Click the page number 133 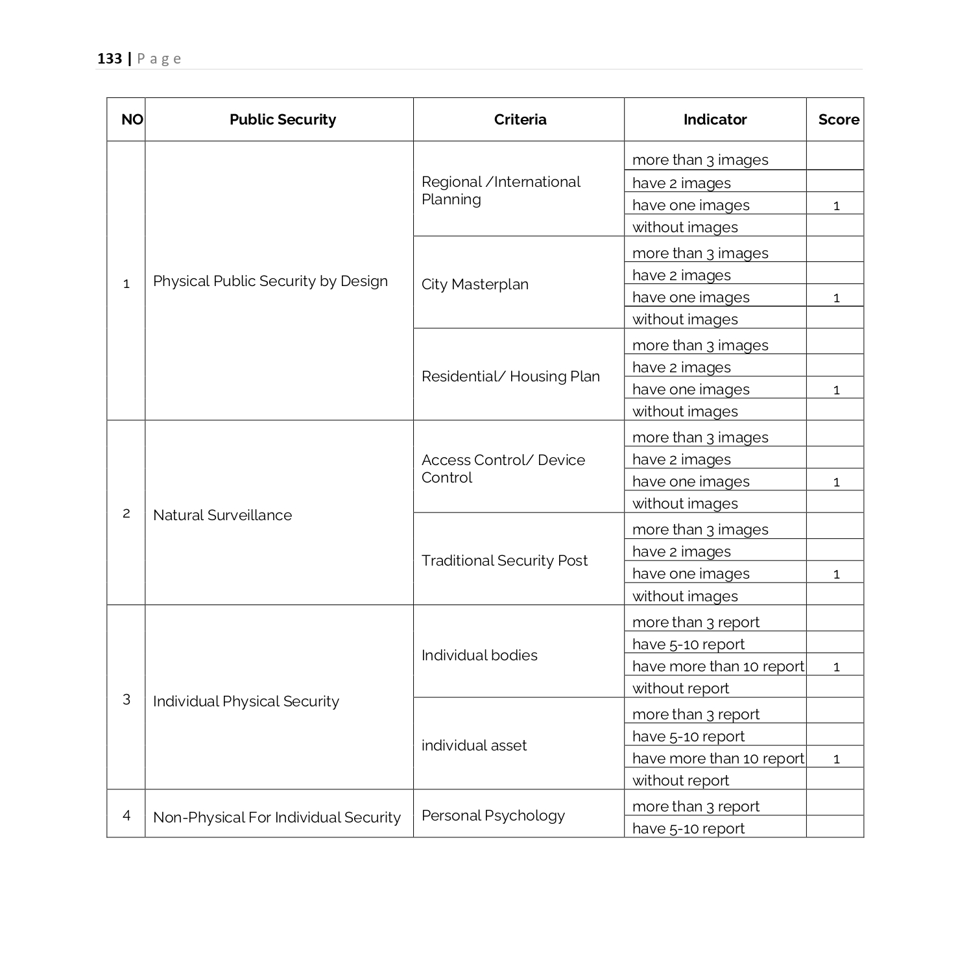(x=110, y=59)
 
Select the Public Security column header (x=283, y=120)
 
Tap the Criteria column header (x=520, y=120)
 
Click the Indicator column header (x=715, y=120)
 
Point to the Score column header (x=838, y=120)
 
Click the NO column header (x=132, y=120)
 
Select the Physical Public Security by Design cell (x=270, y=281)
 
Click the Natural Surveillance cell (x=222, y=516)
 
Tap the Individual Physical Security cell (x=246, y=702)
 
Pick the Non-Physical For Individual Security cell (x=277, y=818)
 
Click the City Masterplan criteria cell (x=475, y=285)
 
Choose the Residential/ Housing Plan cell (x=510, y=377)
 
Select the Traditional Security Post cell (x=504, y=561)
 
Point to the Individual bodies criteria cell (x=479, y=656)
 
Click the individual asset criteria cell (x=473, y=746)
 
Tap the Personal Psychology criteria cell (x=493, y=816)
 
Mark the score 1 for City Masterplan (x=836, y=298)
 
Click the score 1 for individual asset (x=836, y=759)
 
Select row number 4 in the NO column (x=126, y=815)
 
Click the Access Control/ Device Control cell (x=503, y=469)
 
